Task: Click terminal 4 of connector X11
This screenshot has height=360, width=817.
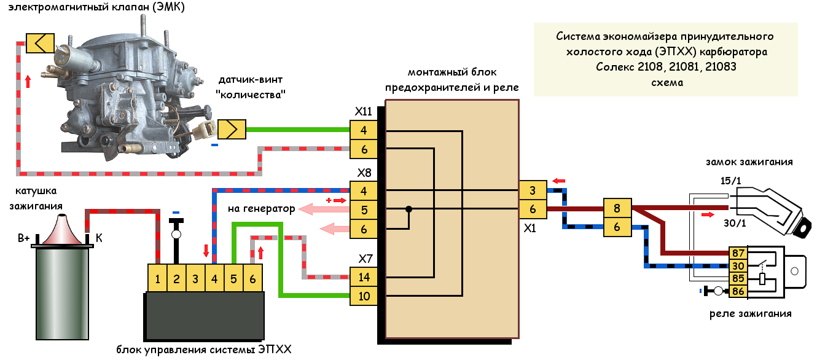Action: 364,130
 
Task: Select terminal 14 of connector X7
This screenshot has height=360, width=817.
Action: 364,277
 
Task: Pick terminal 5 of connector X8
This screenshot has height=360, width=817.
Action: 364,210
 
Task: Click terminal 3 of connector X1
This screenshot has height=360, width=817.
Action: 532,190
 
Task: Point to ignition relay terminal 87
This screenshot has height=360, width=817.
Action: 738,253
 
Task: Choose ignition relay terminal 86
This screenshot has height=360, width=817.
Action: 738,291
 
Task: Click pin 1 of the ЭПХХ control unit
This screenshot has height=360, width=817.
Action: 158,278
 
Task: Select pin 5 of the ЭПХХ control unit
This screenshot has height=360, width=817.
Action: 234,278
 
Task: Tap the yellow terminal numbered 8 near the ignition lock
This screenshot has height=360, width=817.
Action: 617,209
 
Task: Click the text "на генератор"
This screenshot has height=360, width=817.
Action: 261,209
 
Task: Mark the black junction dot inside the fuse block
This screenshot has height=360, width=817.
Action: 408,210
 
